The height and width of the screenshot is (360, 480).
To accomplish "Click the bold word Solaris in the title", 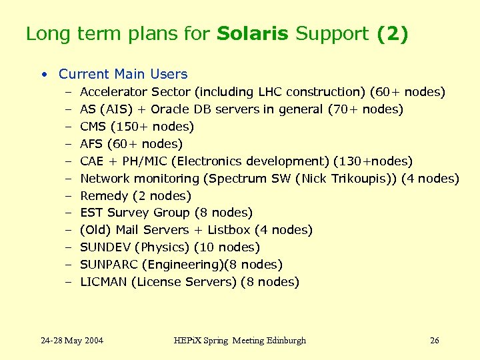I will point(253,34).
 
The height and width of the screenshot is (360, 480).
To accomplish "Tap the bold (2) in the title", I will point(391,34).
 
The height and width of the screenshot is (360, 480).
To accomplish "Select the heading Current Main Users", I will point(123,74).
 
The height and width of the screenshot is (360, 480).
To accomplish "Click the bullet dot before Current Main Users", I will point(43,75).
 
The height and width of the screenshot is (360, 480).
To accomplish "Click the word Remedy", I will point(104,196).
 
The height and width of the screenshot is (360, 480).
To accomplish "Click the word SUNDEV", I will point(105,247).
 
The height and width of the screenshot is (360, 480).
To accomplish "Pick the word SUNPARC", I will point(108,265).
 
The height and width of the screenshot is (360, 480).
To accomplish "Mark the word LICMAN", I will point(103,282).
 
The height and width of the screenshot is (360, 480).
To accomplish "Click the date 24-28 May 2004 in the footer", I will point(72,341).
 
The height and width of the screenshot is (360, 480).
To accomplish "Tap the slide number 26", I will point(435,341).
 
